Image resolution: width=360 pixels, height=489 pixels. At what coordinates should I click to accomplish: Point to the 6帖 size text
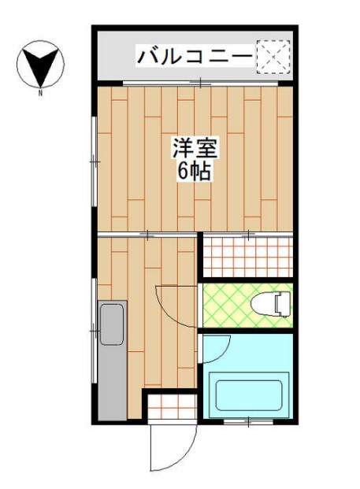(x=194, y=172)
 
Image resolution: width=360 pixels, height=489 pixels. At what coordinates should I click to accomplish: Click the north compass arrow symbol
(x=39, y=65)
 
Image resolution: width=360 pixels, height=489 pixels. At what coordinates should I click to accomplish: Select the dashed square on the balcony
(x=273, y=56)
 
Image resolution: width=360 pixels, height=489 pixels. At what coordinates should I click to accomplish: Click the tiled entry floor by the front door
(x=171, y=408)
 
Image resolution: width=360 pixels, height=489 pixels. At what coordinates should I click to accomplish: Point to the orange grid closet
(x=248, y=256)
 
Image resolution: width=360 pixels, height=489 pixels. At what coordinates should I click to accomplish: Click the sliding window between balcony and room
(x=200, y=83)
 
